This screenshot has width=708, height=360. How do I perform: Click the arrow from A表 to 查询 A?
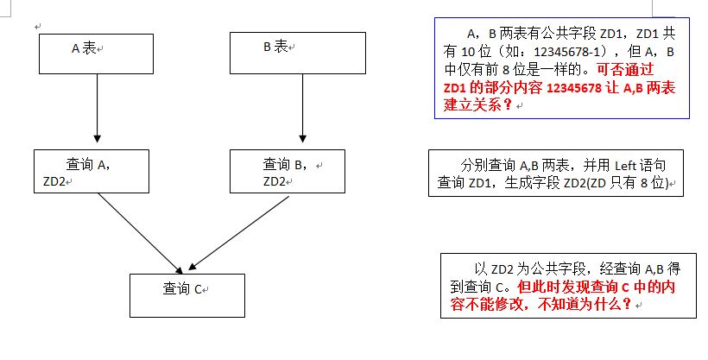click(x=97, y=111)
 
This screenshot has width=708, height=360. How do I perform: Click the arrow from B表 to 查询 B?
click(x=301, y=111)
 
